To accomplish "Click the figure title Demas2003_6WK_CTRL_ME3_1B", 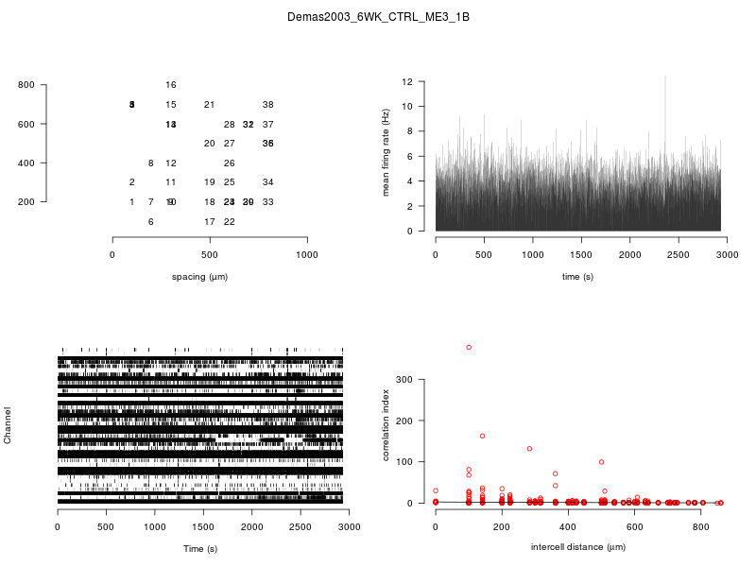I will tap(378, 18).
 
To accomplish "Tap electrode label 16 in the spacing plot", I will tap(170, 85).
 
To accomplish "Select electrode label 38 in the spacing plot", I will tap(268, 105).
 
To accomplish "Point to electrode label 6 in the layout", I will tap(151, 222).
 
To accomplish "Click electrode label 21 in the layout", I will tap(210, 105).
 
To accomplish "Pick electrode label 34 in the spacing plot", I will tap(268, 182).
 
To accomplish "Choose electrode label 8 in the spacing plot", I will tap(151, 163).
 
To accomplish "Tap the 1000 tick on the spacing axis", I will tap(307, 255).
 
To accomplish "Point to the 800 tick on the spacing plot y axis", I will tap(26, 85).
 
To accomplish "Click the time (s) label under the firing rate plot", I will tap(577, 277).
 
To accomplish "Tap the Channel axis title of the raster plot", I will tap(8, 425).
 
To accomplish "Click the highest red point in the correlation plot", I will tap(469, 348).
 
